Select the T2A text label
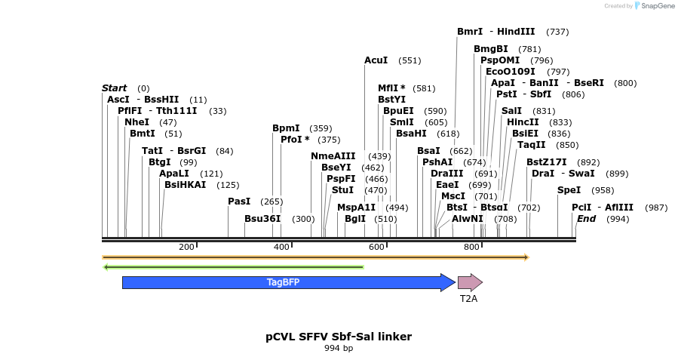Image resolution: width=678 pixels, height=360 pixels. pos(469,299)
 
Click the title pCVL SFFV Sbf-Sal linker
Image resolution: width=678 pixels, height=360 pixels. pos(339,336)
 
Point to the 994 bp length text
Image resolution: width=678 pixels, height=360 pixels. pos(339,349)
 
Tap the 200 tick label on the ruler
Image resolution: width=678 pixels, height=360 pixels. pos(186,248)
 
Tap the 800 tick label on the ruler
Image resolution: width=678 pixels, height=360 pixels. pos(471,248)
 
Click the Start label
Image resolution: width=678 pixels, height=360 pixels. pos(115,88)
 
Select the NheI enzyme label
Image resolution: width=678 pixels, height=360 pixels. pos(137,122)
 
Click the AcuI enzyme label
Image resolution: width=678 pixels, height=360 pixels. pos(376,60)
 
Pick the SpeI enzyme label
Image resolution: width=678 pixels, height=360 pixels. pos(569,190)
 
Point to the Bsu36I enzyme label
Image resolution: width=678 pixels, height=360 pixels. pos(262,219)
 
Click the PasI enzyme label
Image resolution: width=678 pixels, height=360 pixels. pos(239,202)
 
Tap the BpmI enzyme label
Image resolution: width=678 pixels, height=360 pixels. pos(286,128)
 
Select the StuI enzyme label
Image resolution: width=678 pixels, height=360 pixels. pos(342,190)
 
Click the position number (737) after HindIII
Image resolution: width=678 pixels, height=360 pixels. pos(557,32)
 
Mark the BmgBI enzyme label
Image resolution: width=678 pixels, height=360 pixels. pos(491,49)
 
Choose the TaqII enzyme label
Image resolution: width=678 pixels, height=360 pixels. pos(532,145)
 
